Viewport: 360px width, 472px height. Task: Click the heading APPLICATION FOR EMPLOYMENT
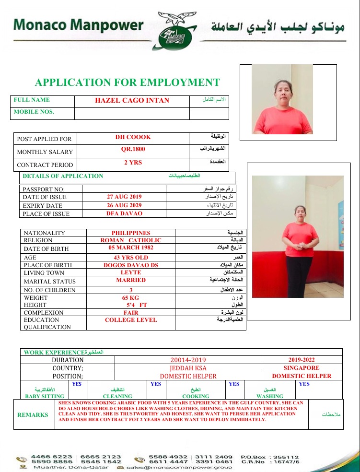coord(127,83)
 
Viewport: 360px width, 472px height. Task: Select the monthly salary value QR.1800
coord(133,149)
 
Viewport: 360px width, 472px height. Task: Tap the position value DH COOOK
coord(133,137)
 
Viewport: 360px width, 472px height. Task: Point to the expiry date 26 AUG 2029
coord(124,205)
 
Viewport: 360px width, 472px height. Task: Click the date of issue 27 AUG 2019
coord(124,197)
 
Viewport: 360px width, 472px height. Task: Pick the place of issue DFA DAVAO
coord(124,213)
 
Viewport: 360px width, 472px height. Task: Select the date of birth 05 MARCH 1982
coord(131,248)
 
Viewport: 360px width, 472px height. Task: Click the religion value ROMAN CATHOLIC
coord(131,240)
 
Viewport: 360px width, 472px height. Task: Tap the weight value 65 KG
coord(131,297)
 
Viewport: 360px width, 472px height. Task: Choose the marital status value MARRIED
coord(131,280)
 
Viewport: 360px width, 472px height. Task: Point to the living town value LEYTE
coord(131,272)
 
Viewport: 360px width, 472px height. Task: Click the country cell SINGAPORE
coord(302,368)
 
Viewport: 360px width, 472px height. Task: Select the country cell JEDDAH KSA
coord(188,368)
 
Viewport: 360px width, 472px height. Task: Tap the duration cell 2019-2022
coord(302,359)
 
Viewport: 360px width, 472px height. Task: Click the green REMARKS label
coord(33,414)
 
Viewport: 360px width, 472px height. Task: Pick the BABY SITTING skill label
coord(45,396)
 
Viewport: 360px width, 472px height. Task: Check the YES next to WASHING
coord(304,384)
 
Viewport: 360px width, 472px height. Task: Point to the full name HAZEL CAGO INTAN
coord(132,100)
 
